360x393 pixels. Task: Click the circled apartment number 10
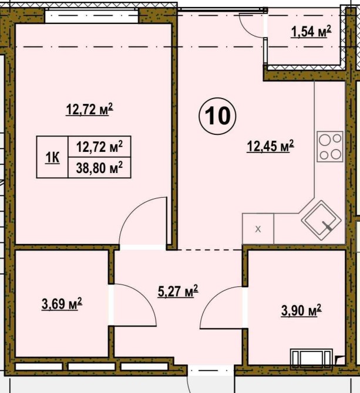[x=217, y=116]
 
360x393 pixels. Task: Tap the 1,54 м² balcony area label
[x=311, y=32]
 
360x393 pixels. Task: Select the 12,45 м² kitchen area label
[x=270, y=146]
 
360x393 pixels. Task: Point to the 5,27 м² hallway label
[x=178, y=291]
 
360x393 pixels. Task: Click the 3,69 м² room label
[x=62, y=304]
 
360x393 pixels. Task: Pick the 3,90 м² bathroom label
[x=301, y=310]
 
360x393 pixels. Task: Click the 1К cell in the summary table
[x=52, y=157]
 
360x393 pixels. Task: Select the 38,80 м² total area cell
[x=99, y=168]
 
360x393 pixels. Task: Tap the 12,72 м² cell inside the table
[x=99, y=147]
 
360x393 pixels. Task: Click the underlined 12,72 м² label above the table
[x=90, y=110]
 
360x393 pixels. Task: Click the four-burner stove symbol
[x=330, y=147]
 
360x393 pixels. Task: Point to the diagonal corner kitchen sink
[x=321, y=221]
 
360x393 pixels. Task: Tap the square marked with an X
[x=258, y=229]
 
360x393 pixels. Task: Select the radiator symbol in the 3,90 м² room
[x=311, y=359]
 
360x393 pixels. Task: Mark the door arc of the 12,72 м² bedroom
[x=130, y=211]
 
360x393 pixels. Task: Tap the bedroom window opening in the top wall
[x=92, y=15]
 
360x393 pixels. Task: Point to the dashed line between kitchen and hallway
[x=210, y=250]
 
